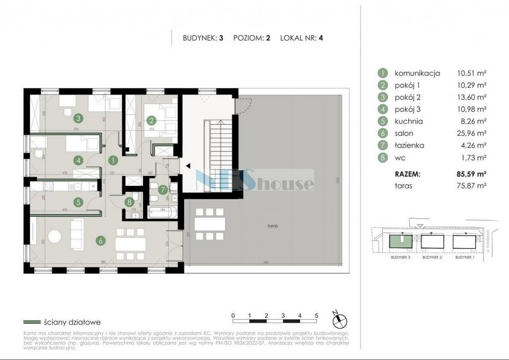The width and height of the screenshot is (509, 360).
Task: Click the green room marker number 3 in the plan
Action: coord(78,118)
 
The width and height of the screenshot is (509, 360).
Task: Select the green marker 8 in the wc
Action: coord(129,202)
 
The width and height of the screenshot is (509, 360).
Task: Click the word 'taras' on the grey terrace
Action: coord(271,226)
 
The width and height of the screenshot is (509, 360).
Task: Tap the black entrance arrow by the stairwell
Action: coord(187,167)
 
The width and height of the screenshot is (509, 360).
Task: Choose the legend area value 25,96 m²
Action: coord(472,133)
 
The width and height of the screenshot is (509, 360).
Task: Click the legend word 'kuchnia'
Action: coord(409,121)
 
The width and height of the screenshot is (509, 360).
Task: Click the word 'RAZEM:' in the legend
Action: coord(408,174)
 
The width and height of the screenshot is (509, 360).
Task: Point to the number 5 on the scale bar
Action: coord(316,315)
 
